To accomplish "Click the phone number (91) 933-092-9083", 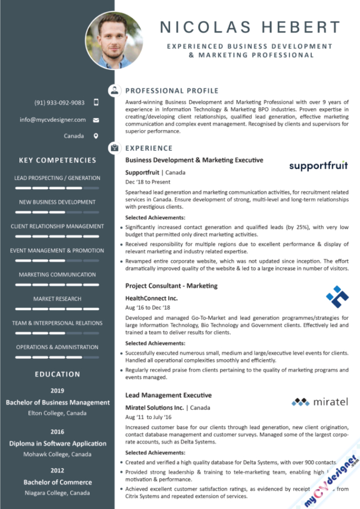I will coord(59,103).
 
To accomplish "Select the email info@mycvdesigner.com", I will coord(53,120).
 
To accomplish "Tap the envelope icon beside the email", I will coord(96,120).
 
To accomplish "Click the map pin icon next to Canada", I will coord(96,136).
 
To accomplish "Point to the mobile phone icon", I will coord(96,103).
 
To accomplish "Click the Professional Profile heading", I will coord(172,91).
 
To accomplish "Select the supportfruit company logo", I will coord(318,166).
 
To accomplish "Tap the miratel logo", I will coord(320,402).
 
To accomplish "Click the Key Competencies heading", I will coord(58,160).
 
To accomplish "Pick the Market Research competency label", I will coord(58,299).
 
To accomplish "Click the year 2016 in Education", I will coord(58,432).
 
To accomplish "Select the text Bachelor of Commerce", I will coord(58,482).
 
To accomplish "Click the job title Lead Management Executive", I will coord(168,395).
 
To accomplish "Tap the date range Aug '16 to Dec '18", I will coord(148,308).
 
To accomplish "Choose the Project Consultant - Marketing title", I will coord(171,286).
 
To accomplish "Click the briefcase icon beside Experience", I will coord(114,148).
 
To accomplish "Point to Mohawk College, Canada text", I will coord(58,454).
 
